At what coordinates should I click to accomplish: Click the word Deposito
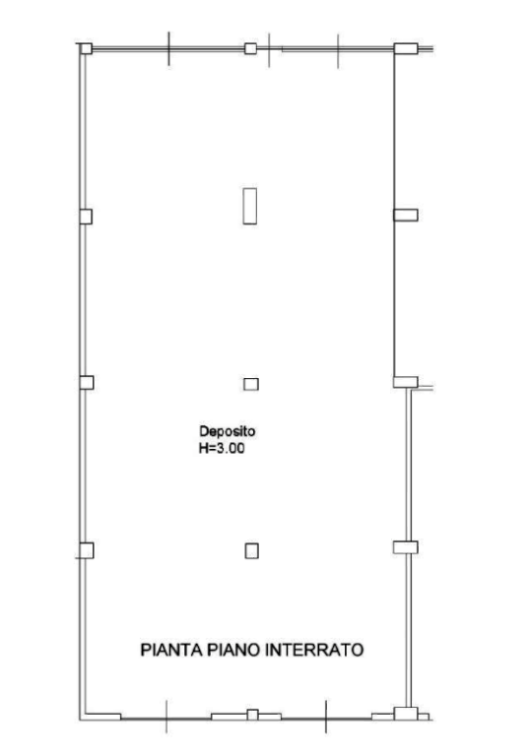tap(228, 431)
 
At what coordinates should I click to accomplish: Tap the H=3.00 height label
tap(222, 449)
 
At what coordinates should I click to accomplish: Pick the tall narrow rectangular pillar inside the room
tap(249, 207)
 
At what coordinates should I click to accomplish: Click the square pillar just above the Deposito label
tap(251, 384)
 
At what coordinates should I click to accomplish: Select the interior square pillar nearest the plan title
tap(251, 551)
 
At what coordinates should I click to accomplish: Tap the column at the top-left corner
tap(86, 48)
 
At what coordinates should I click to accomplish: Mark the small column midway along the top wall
tap(250, 48)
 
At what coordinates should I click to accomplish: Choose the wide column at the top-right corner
tap(406, 48)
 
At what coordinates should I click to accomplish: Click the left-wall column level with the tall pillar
tap(86, 217)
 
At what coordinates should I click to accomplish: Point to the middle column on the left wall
tap(87, 382)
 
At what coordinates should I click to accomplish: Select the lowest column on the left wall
tap(87, 550)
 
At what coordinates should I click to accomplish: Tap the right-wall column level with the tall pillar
tap(406, 215)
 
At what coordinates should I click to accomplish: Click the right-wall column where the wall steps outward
tap(406, 382)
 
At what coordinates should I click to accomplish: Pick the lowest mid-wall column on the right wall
tap(406, 547)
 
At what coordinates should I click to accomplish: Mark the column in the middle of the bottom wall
tap(252, 715)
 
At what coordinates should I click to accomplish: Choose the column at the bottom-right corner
tap(406, 714)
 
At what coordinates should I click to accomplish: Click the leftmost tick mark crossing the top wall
tap(168, 48)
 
